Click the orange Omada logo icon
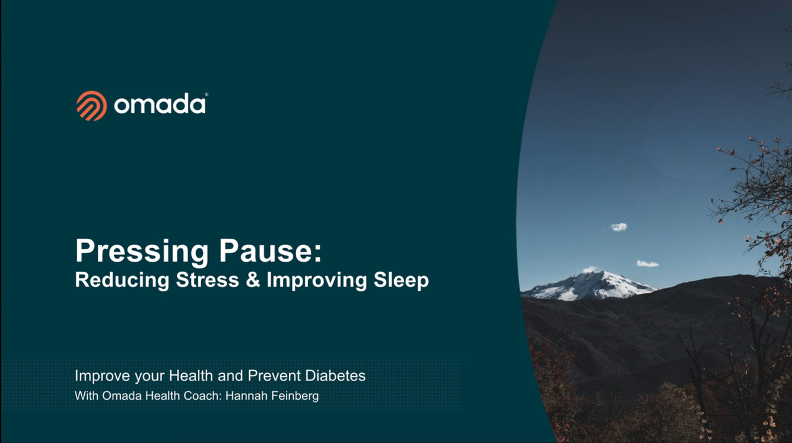(x=92, y=106)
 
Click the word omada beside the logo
(x=160, y=105)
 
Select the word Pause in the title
(x=270, y=251)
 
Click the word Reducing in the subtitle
(x=123, y=281)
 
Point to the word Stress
(x=207, y=280)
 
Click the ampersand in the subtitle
(x=253, y=280)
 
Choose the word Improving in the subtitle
(x=317, y=281)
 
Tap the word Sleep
(x=402, y=281)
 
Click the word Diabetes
(x=335, y=376)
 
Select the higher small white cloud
(x=619, y=227)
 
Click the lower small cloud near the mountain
(x=647, y=264)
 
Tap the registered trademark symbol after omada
(x=207, y=95)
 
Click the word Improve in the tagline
(x=103, y=376)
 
